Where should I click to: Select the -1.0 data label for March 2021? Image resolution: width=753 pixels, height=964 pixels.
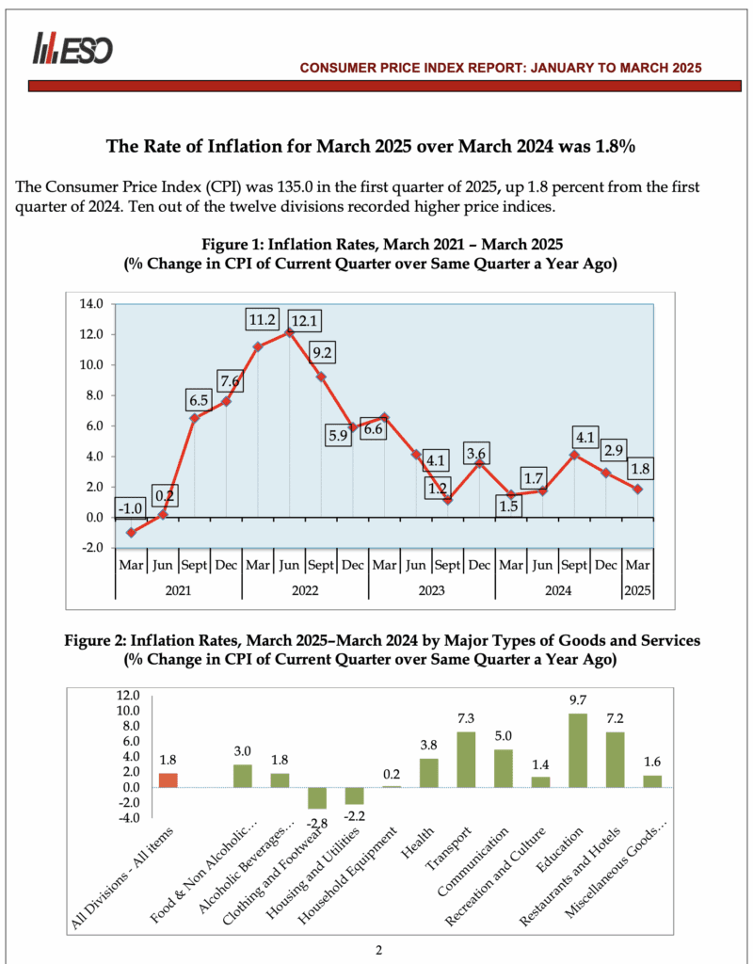click(129, 508)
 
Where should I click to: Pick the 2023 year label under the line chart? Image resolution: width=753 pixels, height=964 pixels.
click(431, 591)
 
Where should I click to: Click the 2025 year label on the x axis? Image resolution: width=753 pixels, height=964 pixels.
click(637, 591)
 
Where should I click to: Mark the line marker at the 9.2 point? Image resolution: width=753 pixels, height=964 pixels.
click(320, 377)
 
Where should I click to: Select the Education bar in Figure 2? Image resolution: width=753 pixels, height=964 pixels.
click(578, 750)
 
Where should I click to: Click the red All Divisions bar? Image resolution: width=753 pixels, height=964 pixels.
click(168, 780)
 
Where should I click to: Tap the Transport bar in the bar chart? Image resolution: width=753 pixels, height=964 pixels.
click(466, 760)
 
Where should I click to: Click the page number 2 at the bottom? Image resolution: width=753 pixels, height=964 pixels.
click(378, 949)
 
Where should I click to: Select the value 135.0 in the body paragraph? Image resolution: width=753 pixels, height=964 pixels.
click(271, 186)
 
